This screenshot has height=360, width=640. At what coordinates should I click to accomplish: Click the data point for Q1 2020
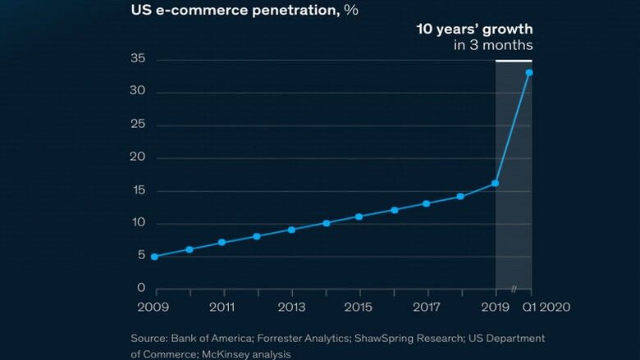tap(529, 73)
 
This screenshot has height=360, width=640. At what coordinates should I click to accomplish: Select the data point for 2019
tap(496, 184)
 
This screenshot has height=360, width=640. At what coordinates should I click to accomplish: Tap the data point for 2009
tap(154, 257)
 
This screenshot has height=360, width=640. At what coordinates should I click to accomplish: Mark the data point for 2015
tap(359, 216)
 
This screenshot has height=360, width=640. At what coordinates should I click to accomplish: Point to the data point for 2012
tap(257, 236)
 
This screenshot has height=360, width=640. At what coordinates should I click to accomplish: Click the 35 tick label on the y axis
tap(138, 59)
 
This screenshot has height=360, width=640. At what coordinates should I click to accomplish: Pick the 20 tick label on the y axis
tap(138, 157)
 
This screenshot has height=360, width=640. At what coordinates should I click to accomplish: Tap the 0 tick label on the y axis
tap(141, 289)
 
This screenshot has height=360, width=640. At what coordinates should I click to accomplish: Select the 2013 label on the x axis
tap(291, 308)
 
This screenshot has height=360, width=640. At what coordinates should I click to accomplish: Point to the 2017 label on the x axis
tap(427, 308)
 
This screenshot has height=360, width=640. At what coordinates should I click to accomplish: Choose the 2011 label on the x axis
tap(222, 308)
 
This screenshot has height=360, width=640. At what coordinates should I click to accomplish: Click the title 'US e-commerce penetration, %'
tap(244, 11)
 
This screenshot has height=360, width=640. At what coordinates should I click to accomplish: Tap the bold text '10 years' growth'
tap(474, 29)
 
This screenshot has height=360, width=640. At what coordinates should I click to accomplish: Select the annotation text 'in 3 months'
tap(493, 45)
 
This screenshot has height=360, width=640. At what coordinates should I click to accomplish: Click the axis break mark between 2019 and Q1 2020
tap(514, 289)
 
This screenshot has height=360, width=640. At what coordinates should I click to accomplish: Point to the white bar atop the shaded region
tap(514, 61)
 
